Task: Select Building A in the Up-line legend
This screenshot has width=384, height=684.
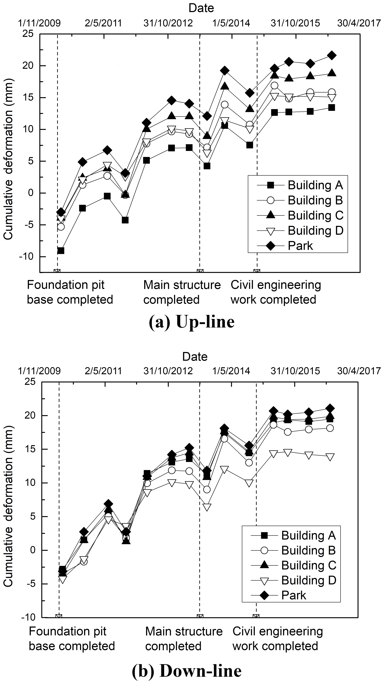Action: (x=315, y=185)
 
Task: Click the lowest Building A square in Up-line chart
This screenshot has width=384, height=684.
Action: (x=61, y=251)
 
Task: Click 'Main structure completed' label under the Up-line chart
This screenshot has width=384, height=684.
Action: (x=182, y=292)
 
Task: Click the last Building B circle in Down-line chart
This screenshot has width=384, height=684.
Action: (x=330, y=428)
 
